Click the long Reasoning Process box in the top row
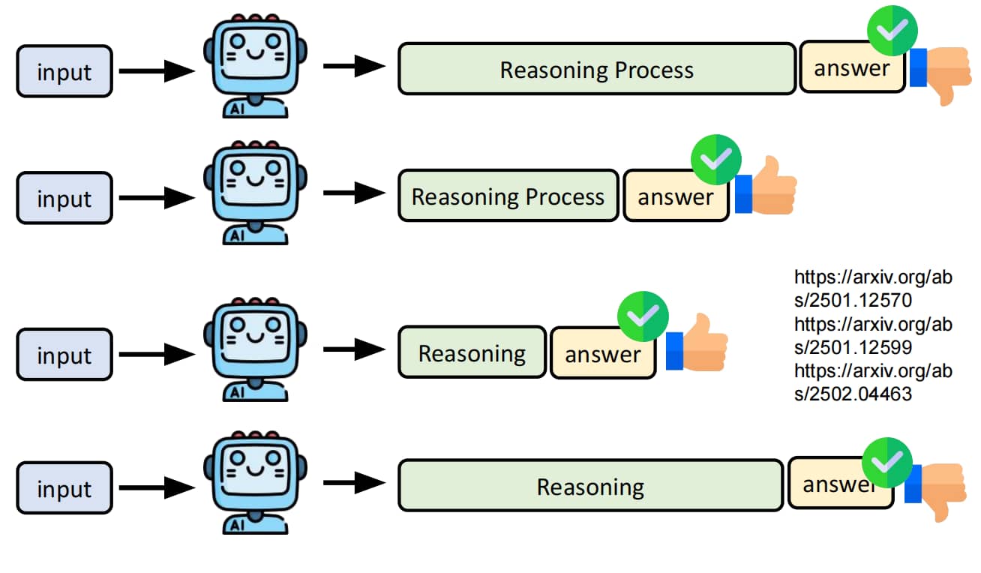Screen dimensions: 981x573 (596, 69)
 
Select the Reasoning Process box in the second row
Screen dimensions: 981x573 (508, 196)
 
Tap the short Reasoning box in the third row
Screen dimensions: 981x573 (472, 352)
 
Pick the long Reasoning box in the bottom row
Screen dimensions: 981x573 (590, 486)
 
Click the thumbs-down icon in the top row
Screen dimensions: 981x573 (941, 74)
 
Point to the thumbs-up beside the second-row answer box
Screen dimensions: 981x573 (766, 186)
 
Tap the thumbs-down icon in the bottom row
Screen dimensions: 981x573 (936, 491)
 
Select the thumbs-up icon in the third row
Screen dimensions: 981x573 (697, 343)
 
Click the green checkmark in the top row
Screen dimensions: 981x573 (892, 31)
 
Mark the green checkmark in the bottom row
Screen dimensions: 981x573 (886, 463)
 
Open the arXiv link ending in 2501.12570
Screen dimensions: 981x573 (873, 289)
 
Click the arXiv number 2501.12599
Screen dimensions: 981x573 (860, 347)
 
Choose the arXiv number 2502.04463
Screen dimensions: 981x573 (860, 394)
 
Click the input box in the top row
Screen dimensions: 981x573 (64, 71)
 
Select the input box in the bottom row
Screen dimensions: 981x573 (64, 487)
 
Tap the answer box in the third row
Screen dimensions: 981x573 (602, 353)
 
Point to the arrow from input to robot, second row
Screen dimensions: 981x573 (157, 197)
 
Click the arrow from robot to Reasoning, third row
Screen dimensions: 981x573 (354, 349)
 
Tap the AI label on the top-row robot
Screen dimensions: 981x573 (237, 109)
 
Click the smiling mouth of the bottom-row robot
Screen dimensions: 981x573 (255, 470)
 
